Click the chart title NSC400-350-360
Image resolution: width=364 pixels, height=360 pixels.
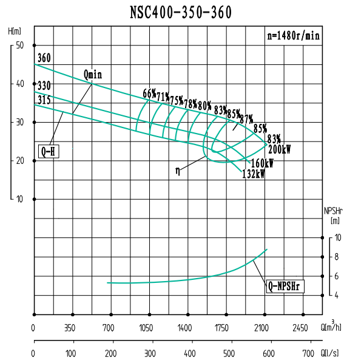181,13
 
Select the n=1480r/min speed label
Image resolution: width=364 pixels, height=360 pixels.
293,36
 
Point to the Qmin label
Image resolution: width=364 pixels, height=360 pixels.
93,74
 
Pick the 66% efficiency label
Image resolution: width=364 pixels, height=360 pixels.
149,93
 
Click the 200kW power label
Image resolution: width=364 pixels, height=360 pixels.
279,149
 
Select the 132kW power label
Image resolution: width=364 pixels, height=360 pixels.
254,174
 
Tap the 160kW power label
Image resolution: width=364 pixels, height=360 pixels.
262,163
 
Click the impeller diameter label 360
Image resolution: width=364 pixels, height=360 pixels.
44,59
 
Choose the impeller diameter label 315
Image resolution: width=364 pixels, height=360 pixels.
44,100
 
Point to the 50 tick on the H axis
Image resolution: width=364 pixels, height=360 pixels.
19,46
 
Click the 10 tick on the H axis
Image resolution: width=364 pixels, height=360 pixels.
19,199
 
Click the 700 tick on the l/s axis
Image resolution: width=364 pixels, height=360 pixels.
308,353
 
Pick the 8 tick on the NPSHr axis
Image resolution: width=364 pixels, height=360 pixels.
338,257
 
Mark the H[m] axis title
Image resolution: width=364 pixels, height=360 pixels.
15,31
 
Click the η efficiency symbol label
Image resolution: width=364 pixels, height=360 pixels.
177,171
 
